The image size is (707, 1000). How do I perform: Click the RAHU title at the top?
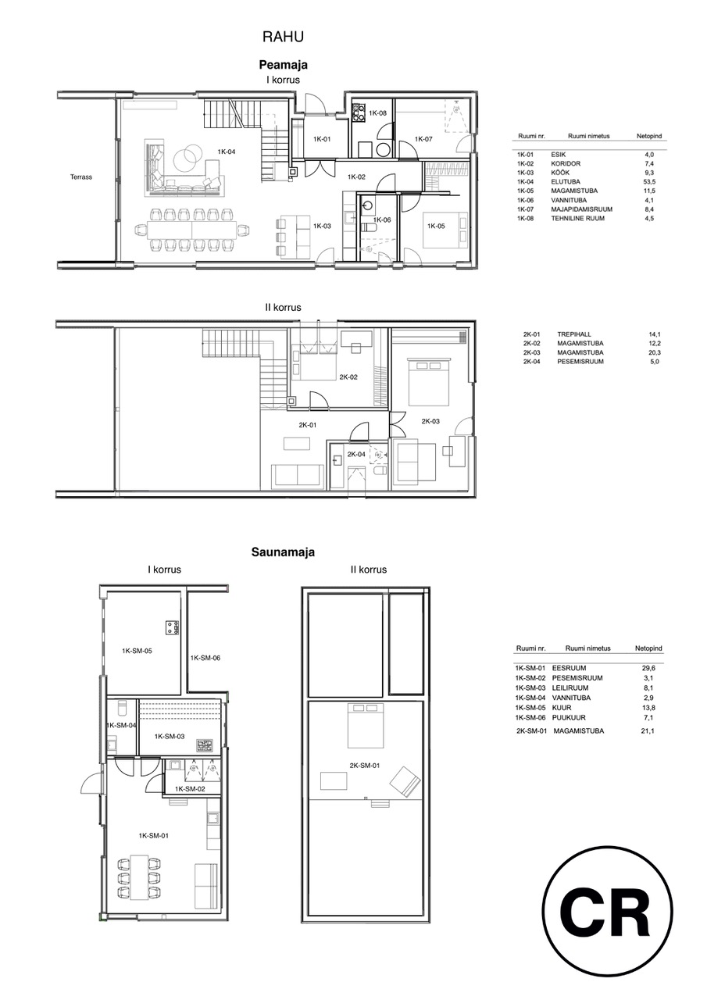pyautogui.click(x=283, y=37)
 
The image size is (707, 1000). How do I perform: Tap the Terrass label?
pyautogui.click(x=80, y=177)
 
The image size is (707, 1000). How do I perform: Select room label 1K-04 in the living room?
pyautogui.click(x=227, y=152)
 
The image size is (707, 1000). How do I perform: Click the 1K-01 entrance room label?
pyautogui.click(x=321, y=139)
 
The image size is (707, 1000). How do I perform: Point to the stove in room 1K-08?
pyautogui.click(x=359, y=112)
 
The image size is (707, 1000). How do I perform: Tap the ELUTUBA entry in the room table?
pyautogui.click(x=566, y=182)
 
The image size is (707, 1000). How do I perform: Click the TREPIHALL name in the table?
pyautogui.click(x=574, y=334)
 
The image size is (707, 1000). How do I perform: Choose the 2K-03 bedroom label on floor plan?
pyautogui.click(x=430, y=421)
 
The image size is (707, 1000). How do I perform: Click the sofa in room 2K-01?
pyautogui.click(x=298, y=476)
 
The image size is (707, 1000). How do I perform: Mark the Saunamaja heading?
pyautogui.click(x=283, y=552)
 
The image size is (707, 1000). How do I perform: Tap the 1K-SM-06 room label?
pyautogui.click(x=205, y=658)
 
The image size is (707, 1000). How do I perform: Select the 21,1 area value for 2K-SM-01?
pyautogui.click(x=648, y=730)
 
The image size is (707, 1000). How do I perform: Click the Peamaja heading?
pyautogui.click(x=283, y=65)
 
